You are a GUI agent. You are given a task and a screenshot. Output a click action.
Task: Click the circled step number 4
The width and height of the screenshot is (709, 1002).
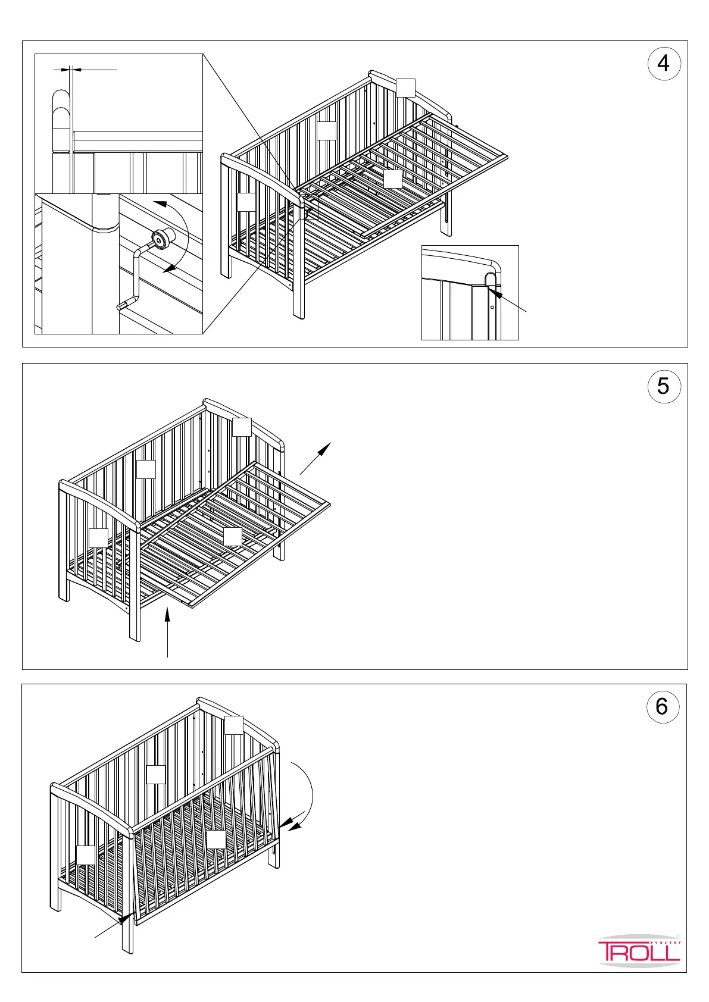coord(663,63)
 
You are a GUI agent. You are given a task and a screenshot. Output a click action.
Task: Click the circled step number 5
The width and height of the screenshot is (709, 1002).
coord(663,386)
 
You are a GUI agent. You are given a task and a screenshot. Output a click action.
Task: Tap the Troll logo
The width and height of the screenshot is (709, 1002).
coord(639,951)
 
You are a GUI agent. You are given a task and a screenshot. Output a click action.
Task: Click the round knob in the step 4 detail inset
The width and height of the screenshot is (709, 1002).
coord(160,239)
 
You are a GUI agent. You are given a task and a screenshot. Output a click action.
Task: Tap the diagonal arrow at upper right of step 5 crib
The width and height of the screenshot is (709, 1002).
coord(315,458)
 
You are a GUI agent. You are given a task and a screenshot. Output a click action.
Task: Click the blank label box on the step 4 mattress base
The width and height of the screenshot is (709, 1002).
coord(392,179)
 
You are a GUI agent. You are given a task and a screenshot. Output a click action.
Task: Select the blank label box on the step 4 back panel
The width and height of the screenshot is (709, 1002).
coord(326,130)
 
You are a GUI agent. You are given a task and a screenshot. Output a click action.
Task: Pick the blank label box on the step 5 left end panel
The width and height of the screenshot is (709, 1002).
coord(98,538)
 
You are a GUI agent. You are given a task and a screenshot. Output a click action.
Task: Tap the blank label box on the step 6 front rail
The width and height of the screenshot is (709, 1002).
coord(216,839)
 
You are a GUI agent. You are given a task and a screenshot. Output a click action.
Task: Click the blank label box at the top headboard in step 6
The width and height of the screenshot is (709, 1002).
coord(234,725)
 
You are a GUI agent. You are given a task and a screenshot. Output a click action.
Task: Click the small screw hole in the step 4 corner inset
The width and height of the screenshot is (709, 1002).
coord(492,308)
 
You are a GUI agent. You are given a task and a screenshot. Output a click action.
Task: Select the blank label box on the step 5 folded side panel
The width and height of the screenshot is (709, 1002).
coord(233,537)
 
